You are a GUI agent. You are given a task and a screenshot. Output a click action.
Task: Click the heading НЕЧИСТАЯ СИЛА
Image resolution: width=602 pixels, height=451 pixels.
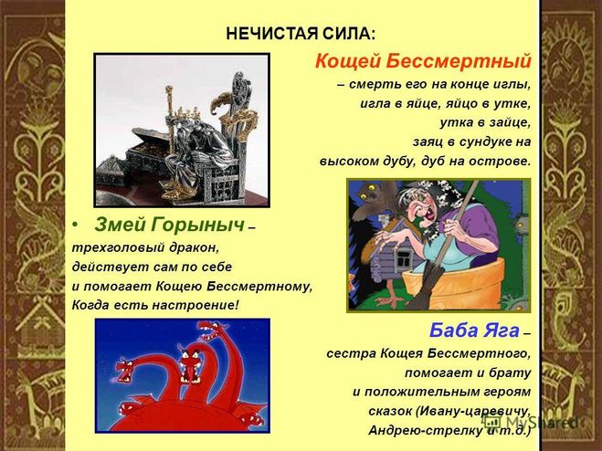click(301, 34)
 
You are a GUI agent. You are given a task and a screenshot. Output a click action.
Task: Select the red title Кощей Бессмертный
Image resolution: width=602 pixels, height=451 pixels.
click(423, 61)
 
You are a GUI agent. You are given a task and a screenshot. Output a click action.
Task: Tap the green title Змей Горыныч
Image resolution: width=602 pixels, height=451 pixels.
click(169, 225)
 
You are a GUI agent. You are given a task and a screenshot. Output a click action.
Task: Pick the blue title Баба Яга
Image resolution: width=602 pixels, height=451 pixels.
click(474, 330)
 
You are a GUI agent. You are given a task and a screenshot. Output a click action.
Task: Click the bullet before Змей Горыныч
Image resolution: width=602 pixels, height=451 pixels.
click(77, 225)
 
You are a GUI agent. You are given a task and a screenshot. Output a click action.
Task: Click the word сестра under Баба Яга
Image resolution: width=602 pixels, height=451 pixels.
click(352, 353)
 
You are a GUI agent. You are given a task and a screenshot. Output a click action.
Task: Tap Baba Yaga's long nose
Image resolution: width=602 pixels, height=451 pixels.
click(419, 211)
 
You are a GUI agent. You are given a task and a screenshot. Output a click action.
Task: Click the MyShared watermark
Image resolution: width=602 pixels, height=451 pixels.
click(531, 422)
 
